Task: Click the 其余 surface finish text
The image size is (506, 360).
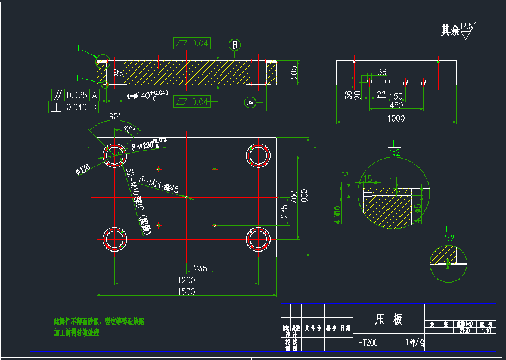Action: click(x=450, y=30)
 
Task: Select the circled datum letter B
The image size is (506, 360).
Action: click(x=235, y=44)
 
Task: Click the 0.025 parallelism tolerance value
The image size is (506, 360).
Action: click(x=77, y=95)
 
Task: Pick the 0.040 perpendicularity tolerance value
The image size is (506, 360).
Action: click(x=77, y=107)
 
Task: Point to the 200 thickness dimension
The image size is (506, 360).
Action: click(x=294, y=73)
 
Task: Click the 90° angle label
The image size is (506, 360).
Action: click(x=114, y=116)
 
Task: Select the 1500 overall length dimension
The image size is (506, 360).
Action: click(x=187, y=291)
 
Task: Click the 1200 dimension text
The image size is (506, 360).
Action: click(x=187, y=280)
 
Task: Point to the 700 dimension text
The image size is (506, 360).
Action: click(x=293, y=195)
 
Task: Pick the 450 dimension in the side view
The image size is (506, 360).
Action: click(x=396, y=105)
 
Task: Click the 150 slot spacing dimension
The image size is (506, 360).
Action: click(x=396, y=97)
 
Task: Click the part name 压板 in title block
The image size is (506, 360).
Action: click(x=389, y=319)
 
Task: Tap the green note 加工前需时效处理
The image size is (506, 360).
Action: click(x=76, y=333)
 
